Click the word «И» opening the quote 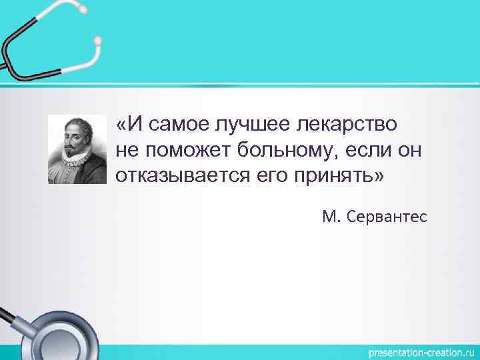tap(127, 124)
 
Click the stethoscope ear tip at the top tap(98, 41)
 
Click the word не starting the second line tap(125, 150)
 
